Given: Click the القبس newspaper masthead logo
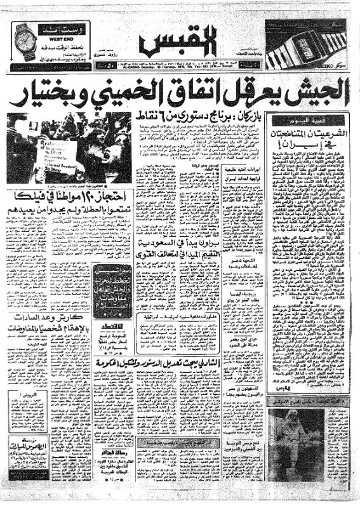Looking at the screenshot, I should (180, 43).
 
